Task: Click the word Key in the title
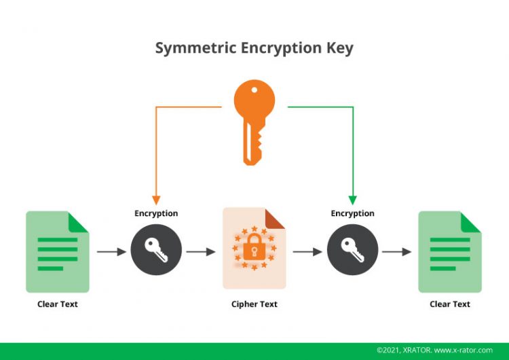tap(339, 48)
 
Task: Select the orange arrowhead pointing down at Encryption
tap(156, 200)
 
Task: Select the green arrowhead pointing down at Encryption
tap(352, 200)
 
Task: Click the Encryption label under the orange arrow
tap(156, 213)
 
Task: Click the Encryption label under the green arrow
tap(352, 213)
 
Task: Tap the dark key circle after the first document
tap(156, 251)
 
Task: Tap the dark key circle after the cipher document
tap(352, 251)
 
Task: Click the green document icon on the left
tap(58, 251)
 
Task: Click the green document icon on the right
tap(449, 251)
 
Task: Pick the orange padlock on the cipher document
tap(254, 249)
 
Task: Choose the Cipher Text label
tap(254, 304)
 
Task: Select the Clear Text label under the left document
tap(58, 304)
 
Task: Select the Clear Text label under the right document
tap(449, 304)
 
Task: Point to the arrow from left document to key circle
tap(111, 252)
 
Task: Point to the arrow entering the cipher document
tap(201, 252)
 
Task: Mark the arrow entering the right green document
tap(397, 252)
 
